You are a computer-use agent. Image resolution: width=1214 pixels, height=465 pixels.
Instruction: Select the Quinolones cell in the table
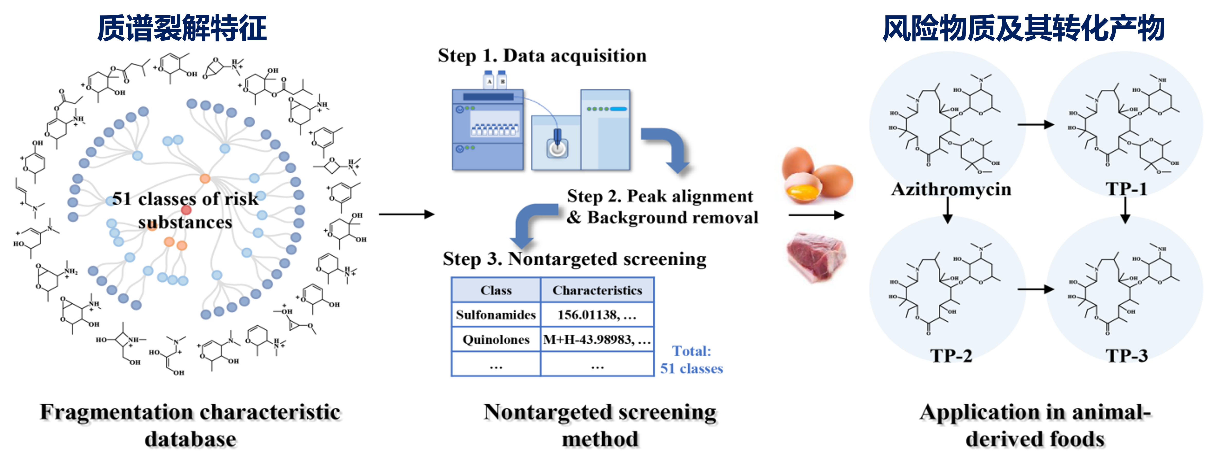point(496,340)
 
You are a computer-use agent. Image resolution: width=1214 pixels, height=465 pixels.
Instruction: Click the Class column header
point(496,290)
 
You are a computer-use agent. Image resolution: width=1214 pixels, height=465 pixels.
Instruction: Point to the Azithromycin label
point(951,189)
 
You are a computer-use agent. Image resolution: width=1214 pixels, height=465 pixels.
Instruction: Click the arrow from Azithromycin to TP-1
point(1035,124)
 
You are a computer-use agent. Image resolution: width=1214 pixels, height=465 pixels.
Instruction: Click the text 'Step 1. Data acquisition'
point(542,56)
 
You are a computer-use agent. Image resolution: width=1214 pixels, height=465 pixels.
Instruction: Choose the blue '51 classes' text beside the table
point(691,368)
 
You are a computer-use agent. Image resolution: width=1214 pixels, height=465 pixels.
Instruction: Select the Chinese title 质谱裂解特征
point(182,28)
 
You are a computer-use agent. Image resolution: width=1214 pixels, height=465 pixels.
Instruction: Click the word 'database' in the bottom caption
point(190,439)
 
